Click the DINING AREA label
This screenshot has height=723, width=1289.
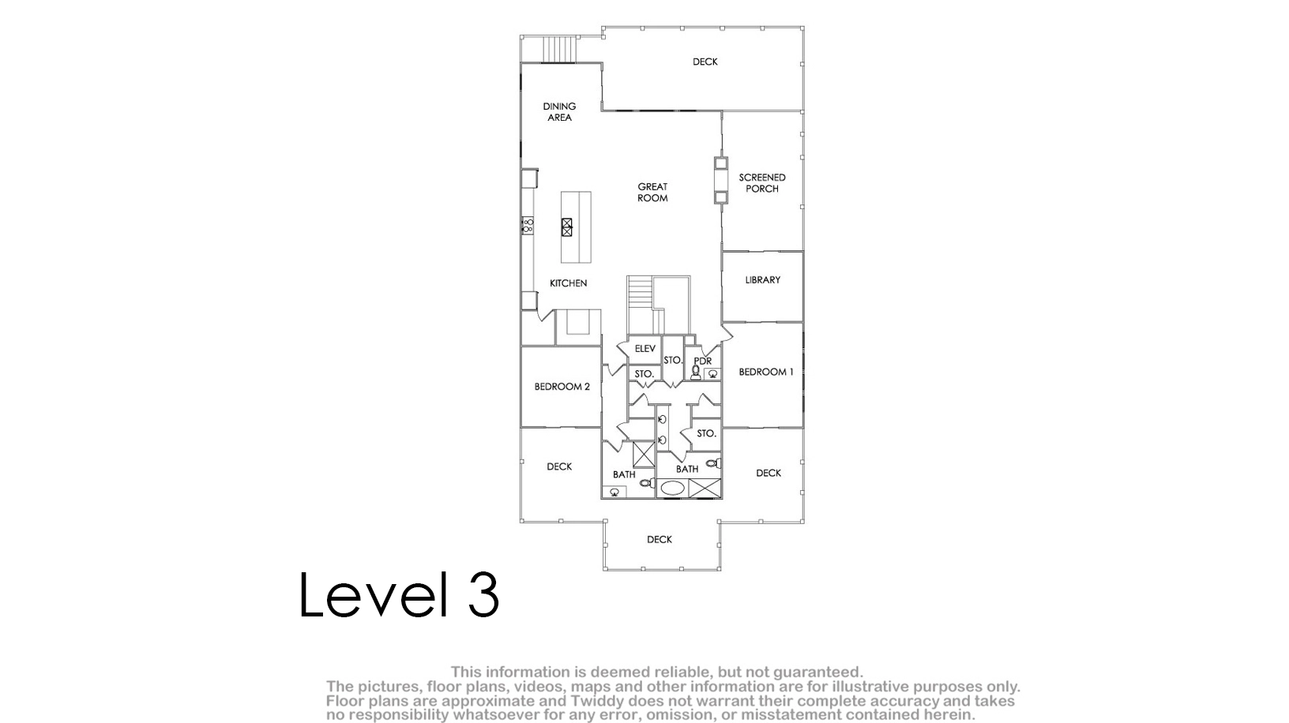tap(559, 111)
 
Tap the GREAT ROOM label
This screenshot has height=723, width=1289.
tap(652, 192)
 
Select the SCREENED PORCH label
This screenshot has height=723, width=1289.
tap(762, 183)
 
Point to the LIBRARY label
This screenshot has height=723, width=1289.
tap(762, 279)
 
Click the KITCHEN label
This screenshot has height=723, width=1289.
tap(568, 283)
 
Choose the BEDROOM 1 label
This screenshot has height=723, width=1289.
tap(766, 372)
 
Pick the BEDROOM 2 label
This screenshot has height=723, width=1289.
tap(562, 387)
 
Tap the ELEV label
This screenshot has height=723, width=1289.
tap(645, 349)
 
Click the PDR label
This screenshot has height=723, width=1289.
tap(703, 361)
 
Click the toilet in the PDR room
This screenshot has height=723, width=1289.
tap(696, 373)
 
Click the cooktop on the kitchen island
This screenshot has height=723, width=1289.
tap(567, 227)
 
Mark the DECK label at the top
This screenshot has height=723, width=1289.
tap(705, 62)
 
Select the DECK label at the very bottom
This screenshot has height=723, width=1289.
tap(660, 540)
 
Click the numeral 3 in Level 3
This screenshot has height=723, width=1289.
tap(483, 594)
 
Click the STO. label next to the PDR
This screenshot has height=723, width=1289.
tap(673, 360)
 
